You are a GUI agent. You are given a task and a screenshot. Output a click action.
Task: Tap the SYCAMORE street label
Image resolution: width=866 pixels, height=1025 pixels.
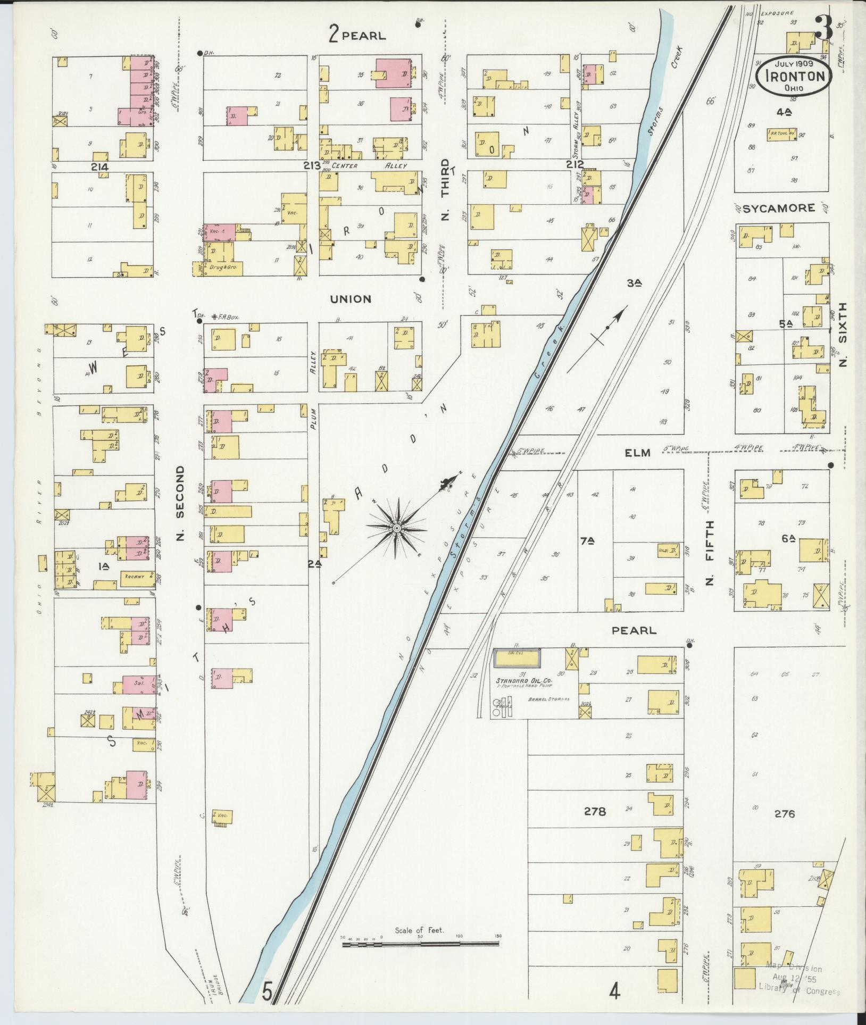[x=778, y=209]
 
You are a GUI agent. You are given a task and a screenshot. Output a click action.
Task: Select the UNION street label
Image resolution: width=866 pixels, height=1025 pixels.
[x=351, y=299]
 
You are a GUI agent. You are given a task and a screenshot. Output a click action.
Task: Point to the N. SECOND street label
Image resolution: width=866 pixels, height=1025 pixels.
[x=180, y=503]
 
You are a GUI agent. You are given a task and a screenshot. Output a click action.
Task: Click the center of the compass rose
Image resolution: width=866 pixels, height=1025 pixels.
[x=396, y=528]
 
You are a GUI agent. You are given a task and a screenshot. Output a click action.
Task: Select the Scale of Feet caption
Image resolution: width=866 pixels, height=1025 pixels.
[x=419, y=931]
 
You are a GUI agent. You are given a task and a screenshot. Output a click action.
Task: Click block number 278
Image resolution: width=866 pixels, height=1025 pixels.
[x=594, y=812]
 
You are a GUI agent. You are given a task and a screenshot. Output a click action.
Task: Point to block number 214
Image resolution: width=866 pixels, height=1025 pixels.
[x=99, y=167]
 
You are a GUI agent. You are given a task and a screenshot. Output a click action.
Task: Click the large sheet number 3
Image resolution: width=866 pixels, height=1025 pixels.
[x=824, y=29]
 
